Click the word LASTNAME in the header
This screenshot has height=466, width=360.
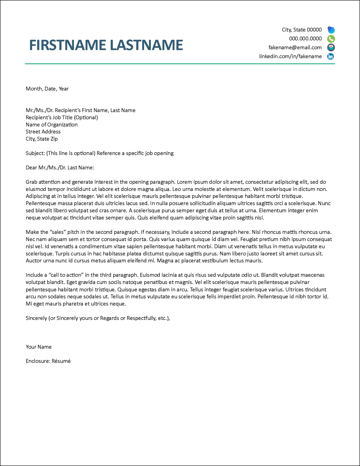pyautogui.click(x=146, y=45)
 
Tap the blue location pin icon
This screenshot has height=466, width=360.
pyautogui.click(x=331, y=30)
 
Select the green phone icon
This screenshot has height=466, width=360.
pyautogui.click(x=331, y=39)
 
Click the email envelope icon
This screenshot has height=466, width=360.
pyautogui.click(x=331, y=47)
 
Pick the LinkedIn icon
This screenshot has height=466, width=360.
pyautogui.click(x=331, y=56)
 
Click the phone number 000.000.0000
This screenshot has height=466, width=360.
pyautogui.click(x=305, y=39)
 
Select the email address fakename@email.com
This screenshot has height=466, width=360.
pyautogui.click(x=295, y=47)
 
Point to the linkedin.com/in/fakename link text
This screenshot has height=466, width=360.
pyautogui.click(x=290, y=56)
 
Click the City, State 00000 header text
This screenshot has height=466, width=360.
pyautogui.click(x=301, y=30)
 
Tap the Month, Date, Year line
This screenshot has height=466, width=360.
pyautogui.click(x=47, y=89)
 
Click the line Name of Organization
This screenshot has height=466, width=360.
pyautogui.click(x=52, y=125)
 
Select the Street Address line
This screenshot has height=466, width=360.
pyautogui.click(x=43, y=132)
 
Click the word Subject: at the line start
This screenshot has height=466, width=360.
pyautogui.click(x=35, y=153)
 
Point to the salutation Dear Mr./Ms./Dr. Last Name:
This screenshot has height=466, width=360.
pyautogui.click(x=60, y=168)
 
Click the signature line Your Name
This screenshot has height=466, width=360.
pyautogui.click(x=39, y=347)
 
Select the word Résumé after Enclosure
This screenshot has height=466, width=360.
pyautogui.click(x=61, y=361)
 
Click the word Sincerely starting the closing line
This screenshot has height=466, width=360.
pyautogui.click(x=36, y=318)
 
